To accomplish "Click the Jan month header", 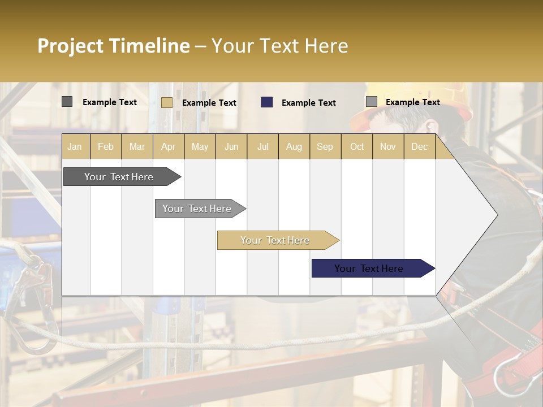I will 75,146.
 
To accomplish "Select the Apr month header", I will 168,146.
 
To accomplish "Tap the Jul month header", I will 262,146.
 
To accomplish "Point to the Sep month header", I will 325,146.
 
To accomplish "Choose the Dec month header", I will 419,146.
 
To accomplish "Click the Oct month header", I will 357,146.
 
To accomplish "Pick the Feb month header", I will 106,146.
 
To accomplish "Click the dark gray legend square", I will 67,102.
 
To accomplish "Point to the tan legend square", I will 166,102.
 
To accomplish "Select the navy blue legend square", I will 267,102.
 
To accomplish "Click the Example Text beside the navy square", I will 308,103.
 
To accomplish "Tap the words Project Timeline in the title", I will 113,46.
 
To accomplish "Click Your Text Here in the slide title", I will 279,46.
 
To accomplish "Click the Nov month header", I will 388,146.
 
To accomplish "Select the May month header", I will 200,146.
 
